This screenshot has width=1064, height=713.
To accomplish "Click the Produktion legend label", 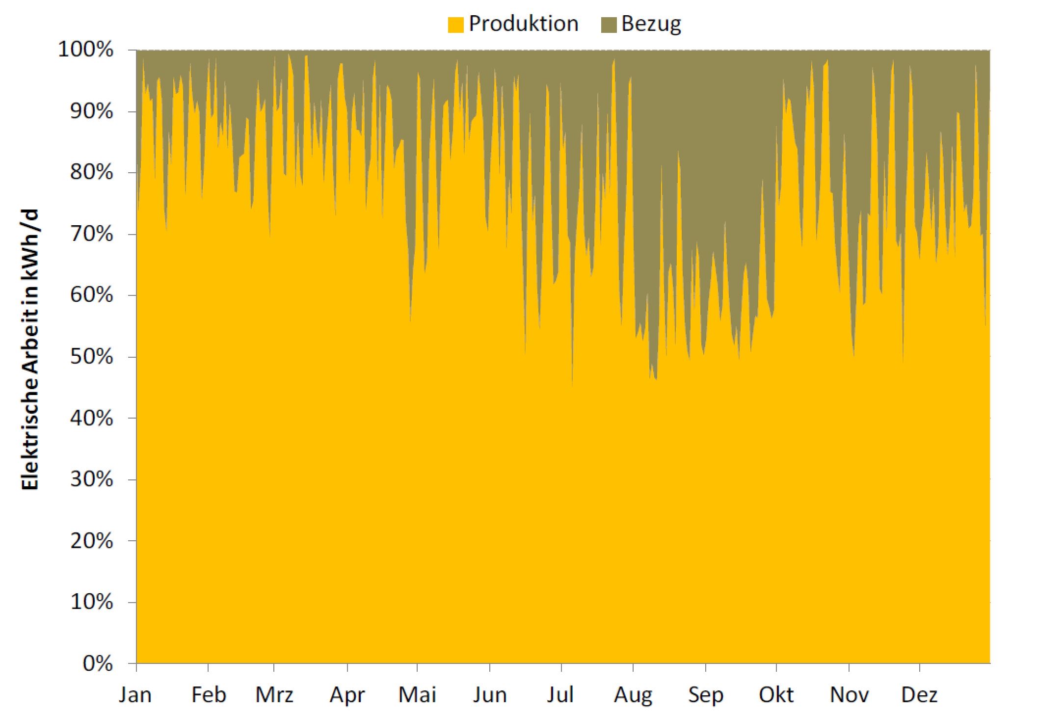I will coord(523,24).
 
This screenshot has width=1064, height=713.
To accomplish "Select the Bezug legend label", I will coord(651,24).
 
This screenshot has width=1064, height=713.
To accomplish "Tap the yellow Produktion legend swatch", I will coord(455,25).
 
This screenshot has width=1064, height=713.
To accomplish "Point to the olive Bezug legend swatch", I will coord(609,25).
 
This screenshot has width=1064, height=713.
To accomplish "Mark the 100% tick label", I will coord(86,50).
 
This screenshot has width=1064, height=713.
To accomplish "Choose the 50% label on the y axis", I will coord(92,357).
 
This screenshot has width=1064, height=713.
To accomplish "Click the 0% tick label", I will coord(98,663).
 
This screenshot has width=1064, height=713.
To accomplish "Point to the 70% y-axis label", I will coord(92,234).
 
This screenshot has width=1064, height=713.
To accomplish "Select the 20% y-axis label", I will coord(92,541).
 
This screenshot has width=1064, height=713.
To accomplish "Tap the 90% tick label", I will coord(92,111).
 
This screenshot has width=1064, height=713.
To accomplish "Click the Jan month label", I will coord(135,695).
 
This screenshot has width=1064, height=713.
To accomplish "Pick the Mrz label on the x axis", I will coord(274,695).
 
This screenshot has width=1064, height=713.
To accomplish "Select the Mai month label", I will coord(417,695).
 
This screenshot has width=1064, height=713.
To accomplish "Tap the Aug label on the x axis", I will coord(633,695).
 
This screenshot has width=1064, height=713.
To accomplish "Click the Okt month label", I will coord(776,695).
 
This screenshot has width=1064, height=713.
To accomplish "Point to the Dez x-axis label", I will coord(919,695).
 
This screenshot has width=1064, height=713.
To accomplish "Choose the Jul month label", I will coord(560,695).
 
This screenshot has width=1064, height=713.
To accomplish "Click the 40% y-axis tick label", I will coord(92,418).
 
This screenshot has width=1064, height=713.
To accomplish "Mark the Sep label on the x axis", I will coord(706,695).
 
